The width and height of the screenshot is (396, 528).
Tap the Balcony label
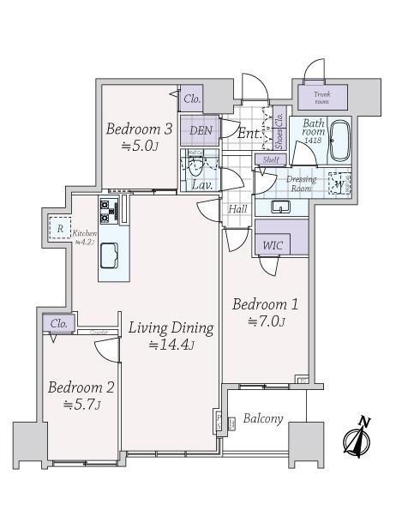(263, 419)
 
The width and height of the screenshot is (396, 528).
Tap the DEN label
(201, 130)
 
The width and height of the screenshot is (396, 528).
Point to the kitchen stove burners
(110, 208)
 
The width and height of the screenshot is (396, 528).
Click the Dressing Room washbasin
(280, 207)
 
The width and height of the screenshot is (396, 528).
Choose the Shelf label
(271, 159)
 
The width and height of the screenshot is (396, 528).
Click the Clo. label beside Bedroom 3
(193, 99)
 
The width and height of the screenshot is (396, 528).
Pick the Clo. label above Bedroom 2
(58, 323)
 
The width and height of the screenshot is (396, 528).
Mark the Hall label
(237, 209)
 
